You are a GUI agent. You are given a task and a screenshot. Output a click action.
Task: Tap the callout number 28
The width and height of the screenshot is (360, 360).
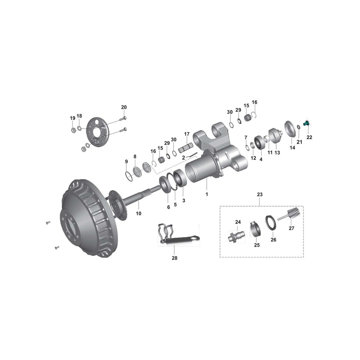[175, 258]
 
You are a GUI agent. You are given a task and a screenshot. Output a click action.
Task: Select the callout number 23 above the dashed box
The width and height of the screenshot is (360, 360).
[260, 194]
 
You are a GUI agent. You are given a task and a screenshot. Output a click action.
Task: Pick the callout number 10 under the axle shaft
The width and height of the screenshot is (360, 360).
[139, 213]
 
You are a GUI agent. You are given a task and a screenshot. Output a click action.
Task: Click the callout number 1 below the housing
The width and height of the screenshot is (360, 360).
[207, 194]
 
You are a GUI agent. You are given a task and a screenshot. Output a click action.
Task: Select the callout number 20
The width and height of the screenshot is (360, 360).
[124, 107]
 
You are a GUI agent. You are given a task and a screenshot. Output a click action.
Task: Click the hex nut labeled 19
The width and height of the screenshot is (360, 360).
[72, 130]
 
